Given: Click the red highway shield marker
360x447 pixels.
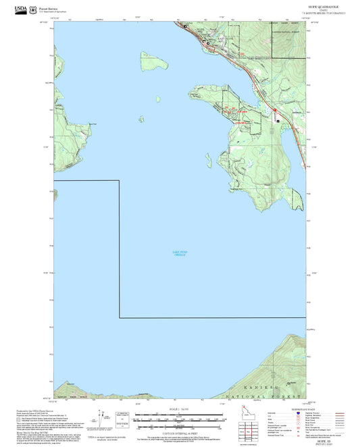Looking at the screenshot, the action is (x=275, y=110).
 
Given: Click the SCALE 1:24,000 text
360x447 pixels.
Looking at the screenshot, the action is (x=178, y=409).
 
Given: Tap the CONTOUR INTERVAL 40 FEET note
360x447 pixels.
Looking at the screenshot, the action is (x=178, y=432).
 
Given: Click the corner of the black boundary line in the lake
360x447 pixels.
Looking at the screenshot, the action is (x=120, y=317).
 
